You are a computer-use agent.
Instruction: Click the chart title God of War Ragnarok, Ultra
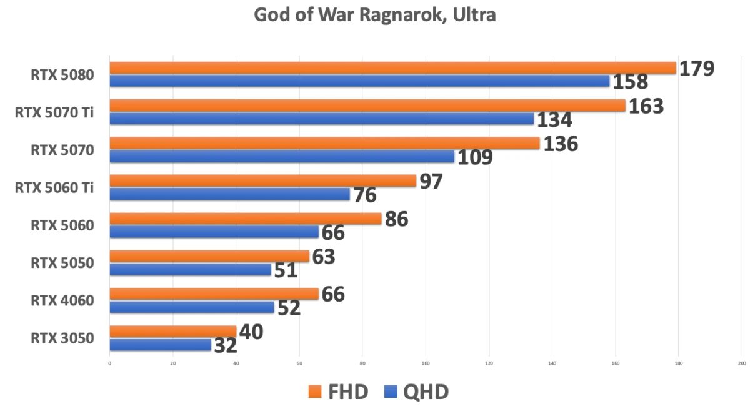(374, 15)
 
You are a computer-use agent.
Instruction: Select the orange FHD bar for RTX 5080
(392, 68)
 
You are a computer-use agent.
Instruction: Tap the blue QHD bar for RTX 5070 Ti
(321, 119)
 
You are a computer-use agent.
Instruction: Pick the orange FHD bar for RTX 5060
(245, 219)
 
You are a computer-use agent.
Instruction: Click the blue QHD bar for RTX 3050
(160, 345)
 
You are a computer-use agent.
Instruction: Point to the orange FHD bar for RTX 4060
(214, 294)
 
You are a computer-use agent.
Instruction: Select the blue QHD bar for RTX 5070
(282, 156)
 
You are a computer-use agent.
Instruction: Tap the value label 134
(554, 120)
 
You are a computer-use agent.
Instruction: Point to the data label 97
(431, 182)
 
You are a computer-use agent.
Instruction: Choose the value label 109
(475, 157)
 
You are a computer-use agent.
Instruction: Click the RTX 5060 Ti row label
(55, 187)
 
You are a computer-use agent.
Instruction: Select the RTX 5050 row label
(62, 263)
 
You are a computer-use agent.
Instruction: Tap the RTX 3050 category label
(62, 338)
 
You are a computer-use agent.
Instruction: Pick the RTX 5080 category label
(62, 75)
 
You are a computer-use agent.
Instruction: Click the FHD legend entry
(338, 392)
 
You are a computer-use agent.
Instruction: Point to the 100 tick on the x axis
(426, 362)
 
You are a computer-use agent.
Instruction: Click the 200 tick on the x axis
(741, 362)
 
